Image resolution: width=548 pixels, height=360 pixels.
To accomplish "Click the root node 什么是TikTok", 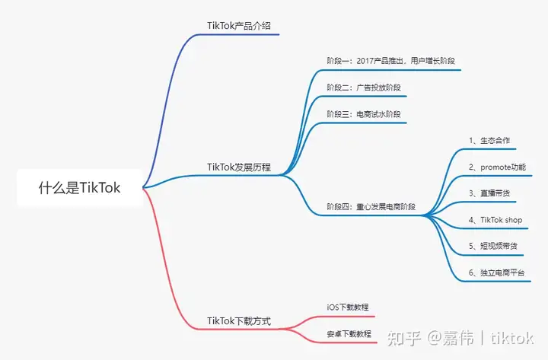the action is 80,187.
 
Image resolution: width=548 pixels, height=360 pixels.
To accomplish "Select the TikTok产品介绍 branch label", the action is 238,26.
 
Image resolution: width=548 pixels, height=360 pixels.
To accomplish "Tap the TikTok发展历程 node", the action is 238,167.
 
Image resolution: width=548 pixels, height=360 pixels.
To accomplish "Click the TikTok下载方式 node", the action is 238,321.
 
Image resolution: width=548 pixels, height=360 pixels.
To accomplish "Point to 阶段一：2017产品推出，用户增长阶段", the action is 390,61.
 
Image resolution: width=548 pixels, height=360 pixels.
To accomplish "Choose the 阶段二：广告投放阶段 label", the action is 362,88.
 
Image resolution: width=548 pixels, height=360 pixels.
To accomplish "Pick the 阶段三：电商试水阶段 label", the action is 362,114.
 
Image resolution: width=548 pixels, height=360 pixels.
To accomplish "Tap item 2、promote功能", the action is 497,167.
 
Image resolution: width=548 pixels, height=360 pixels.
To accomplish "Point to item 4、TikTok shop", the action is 495,220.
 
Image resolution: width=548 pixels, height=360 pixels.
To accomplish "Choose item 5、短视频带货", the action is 492,246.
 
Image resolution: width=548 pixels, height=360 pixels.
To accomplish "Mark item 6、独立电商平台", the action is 496,272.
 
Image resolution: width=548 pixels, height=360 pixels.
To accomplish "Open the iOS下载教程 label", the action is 348,307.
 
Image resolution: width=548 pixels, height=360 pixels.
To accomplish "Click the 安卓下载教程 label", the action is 349,333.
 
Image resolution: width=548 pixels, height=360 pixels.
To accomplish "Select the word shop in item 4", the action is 514,220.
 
